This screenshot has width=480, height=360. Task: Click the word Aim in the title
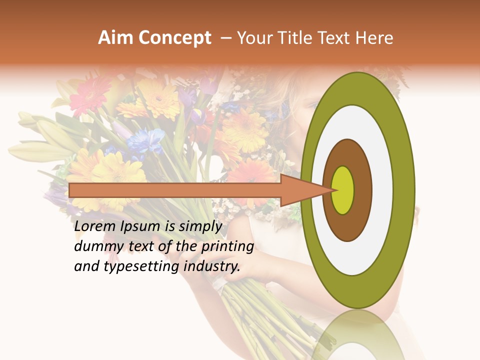click(x=114, y=38)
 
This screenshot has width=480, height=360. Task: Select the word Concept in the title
click(x=172, y=38)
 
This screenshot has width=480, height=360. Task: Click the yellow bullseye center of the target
click(x=342, y=190)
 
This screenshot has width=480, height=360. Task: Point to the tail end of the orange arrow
click(x=72, y=190)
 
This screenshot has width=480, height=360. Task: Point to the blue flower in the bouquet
click(x=145, y=140)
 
